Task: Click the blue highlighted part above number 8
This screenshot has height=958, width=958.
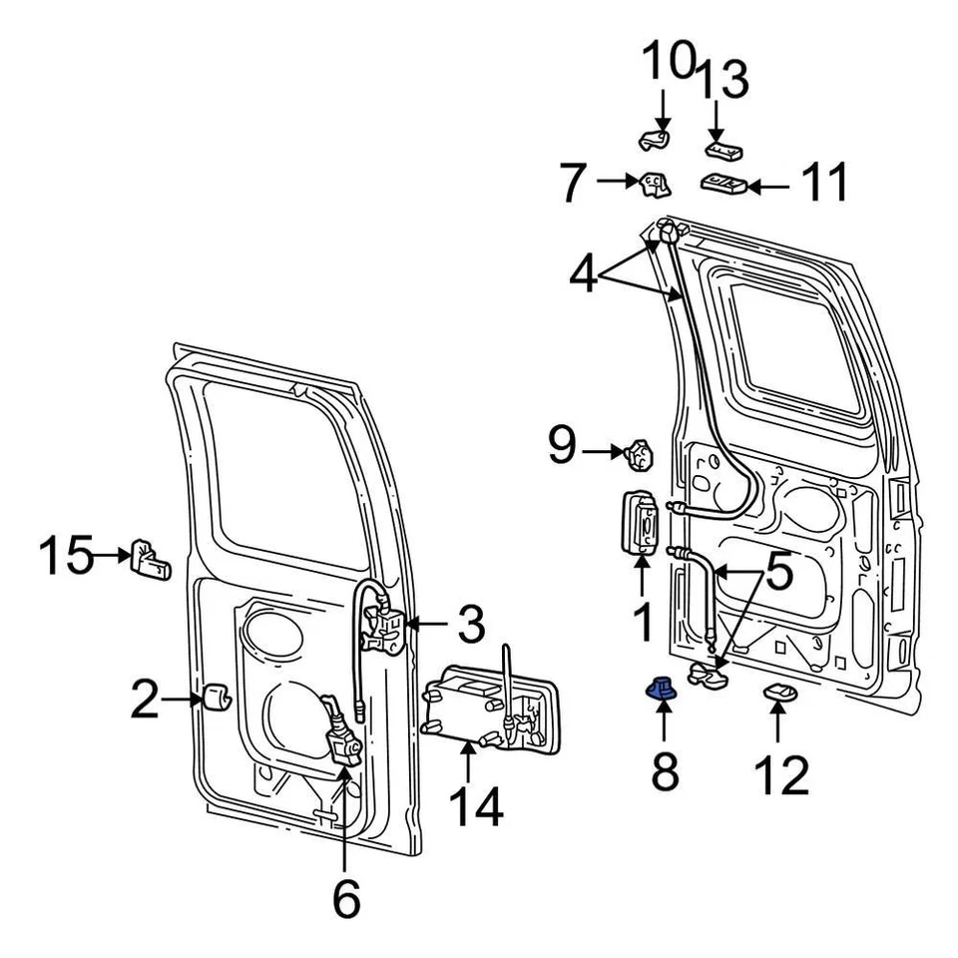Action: [659, 688]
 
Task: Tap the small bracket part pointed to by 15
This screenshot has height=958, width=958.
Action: [150, 561]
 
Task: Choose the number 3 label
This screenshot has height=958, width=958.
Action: [465, 626]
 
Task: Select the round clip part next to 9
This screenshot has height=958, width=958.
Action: [639, 456]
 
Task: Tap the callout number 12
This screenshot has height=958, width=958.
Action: [781, 775]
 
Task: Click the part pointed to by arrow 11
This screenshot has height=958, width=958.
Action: [726, 184]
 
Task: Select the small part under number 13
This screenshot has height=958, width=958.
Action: [722, 150]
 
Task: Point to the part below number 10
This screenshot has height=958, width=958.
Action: [655, 140]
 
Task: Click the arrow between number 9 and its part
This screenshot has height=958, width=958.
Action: [602, 452]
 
